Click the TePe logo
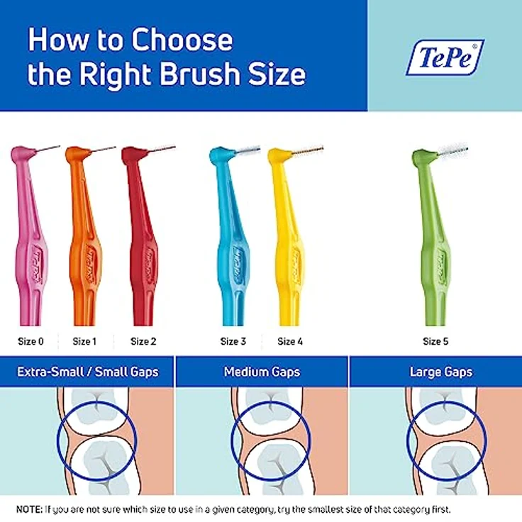point(445,57)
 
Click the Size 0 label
point(31,341)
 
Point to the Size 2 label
point(144,341)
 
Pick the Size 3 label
point(233,341)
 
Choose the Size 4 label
point(290,341)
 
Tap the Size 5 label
point(435,341)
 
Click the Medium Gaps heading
point(262,372)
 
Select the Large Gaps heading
point(440,372)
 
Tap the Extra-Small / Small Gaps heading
point(87,372)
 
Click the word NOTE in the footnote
point(28,509)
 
